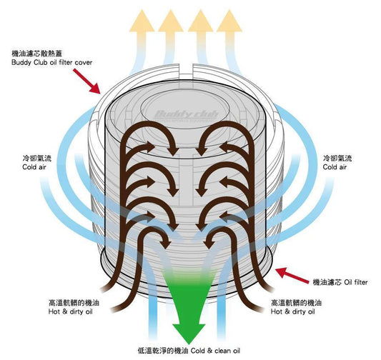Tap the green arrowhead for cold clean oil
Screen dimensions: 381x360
pos(189,333)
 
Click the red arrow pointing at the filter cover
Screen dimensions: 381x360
pos(86,81)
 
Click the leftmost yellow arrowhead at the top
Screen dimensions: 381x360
pos(142,21)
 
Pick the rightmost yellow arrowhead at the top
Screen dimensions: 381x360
pos(229,21)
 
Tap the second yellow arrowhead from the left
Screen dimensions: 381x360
pos(171,21)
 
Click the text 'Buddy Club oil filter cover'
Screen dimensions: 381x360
pos(51,62)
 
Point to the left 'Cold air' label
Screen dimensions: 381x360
pos(34,167)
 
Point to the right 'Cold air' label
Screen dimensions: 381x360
pos(335,167)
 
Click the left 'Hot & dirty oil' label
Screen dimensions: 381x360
pos(71,311)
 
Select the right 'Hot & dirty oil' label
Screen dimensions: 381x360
pos(293,311)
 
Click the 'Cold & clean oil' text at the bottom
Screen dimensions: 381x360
pos(215,351)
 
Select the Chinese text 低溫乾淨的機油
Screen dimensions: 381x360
pos(163,351)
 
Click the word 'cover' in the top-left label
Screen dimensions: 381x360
pos(84,63)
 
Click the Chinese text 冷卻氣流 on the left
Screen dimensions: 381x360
pos(37,159)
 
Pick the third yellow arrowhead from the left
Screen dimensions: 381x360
pos(200,21)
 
